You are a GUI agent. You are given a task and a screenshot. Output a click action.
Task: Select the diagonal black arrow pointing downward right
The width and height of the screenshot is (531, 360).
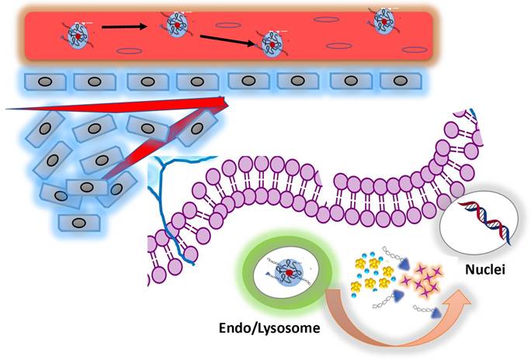point(227,40)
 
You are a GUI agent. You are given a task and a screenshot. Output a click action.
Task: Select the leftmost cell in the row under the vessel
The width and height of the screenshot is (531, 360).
point(43,81)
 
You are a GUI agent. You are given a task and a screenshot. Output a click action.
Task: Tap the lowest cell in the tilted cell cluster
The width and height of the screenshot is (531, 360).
point(78,222)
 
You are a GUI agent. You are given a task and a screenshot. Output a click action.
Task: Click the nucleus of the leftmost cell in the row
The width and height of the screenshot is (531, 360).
point(43,81)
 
